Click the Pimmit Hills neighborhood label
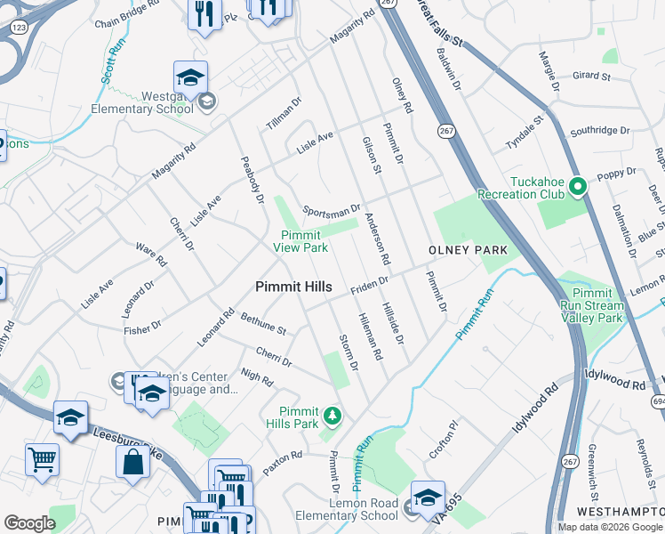293,287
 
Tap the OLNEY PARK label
469,250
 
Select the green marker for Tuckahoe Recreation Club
577,187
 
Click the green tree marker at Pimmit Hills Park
332,415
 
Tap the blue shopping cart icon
42,458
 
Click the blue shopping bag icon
132,461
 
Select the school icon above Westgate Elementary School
190,78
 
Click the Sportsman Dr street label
332,211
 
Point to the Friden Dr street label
370,282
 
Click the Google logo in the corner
29,523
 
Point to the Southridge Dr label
600,130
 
